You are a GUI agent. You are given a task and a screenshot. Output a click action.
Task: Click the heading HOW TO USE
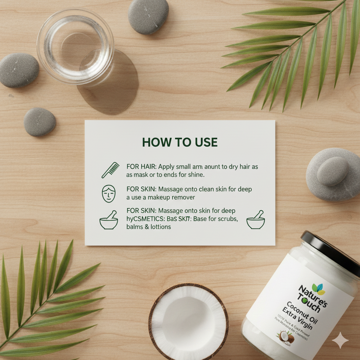180,142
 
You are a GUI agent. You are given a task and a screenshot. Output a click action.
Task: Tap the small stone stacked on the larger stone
333,171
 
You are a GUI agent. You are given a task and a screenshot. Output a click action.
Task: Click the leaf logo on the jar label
319,289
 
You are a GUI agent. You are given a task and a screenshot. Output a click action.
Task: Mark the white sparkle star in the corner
340,340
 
